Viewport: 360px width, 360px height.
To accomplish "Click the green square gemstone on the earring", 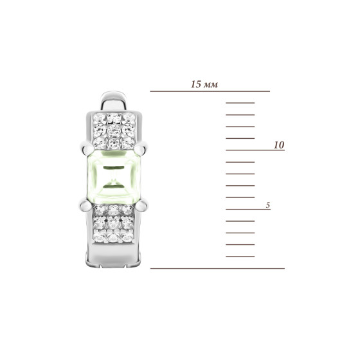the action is pos(114,177).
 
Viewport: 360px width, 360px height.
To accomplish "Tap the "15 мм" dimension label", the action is pos(204,84).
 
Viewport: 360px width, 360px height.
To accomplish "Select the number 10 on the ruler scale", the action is pos(279,145).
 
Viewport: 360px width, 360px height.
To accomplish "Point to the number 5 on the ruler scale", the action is pos(268,205).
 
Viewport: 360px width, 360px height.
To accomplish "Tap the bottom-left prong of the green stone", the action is pos(85,206).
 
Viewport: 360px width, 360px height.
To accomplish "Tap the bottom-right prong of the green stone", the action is pos(142,205).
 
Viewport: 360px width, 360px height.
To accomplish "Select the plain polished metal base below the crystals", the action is pos(114,255).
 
